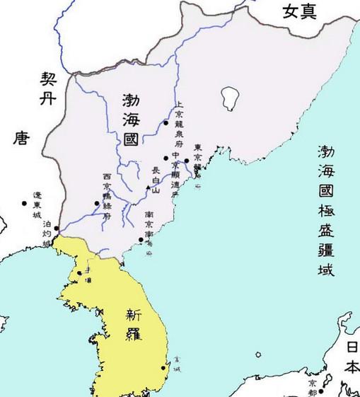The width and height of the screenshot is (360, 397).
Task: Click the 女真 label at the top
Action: tap(299, 11)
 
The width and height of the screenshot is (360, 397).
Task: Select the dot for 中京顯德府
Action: tap(166, 157)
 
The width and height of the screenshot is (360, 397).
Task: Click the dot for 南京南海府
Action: tap(141, 240)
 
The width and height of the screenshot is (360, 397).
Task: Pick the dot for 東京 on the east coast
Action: tap(186, 161)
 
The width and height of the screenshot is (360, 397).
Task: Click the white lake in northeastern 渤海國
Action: tap(228, 94)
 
